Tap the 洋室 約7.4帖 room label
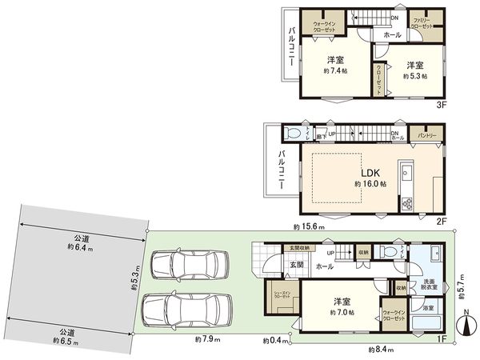coord(335,66)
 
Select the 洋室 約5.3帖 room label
coord(414,70)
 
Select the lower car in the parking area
coord(187,310)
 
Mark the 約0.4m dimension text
coord(276,342)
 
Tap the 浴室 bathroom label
coord(428,306)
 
